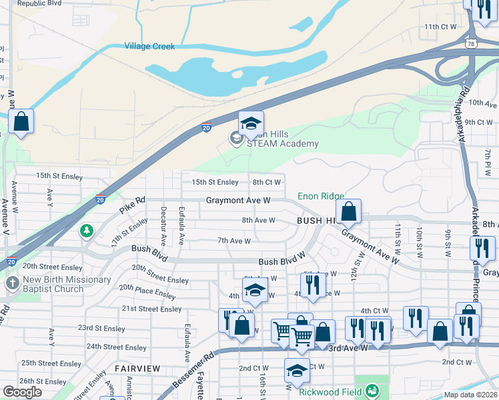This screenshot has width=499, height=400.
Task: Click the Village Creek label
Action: coord(149,47)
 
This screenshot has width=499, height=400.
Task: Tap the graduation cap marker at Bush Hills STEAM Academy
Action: coord(251,124)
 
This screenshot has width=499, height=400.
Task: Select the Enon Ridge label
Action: coord(320,196)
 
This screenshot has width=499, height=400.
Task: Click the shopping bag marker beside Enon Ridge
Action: coord(348,212)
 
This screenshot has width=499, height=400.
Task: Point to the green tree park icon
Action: coord(86,231)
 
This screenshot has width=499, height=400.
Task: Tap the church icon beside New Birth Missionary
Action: coord(12,283)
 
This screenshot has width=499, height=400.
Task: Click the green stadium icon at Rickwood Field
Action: coord(374,389)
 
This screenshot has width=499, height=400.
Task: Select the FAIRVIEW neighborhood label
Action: coord(137,369)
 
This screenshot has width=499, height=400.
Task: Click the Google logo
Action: coord(22,392)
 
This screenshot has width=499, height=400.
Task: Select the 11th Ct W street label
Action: coord(440,27)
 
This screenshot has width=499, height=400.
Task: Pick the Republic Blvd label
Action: coord(39,3)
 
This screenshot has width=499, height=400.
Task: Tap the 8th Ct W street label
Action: coord(266,182)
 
